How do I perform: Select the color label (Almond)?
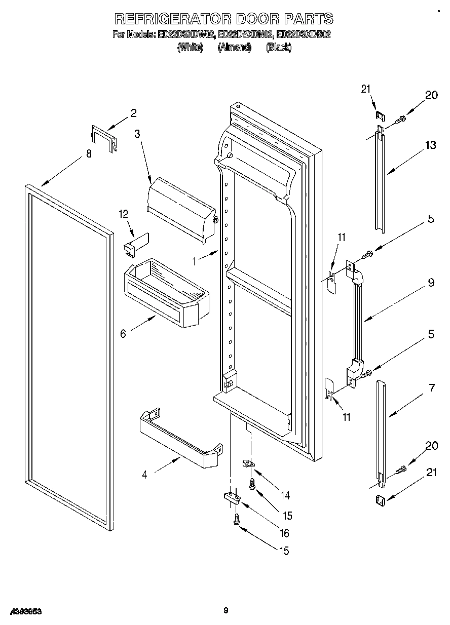pyautogui.click(x=234, y=47)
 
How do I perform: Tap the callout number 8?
pyautogui.click(x=89, y=154)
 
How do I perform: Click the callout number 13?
pyautogui.click(x=430, y=145)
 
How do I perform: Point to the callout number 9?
pyautogui.click(x=431, y=283)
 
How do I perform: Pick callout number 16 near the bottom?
pyautogui.click(x=284, y=532)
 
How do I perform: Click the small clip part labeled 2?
pyautogui.click(x=104, y=137)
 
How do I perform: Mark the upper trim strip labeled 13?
pyautogui.click(x=379, y=180)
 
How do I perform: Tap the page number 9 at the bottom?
pyautogui.click(x=226, y=610)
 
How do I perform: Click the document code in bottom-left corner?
pyautogui.click(x=25, y=611)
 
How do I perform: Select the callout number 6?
pyautogui.click(x=123, y=334)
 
